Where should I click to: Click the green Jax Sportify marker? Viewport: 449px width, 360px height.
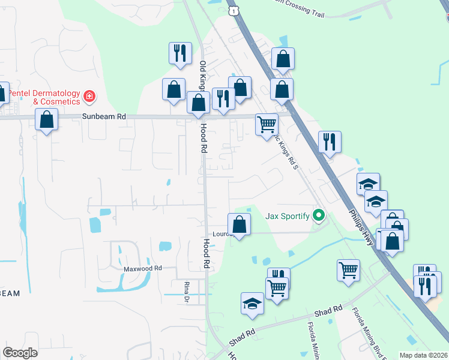319,216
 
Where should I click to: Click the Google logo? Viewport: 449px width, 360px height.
20,353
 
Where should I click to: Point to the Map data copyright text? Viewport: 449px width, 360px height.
424,355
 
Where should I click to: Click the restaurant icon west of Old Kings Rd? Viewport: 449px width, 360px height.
180,53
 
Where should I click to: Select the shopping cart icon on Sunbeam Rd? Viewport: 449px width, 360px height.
267,124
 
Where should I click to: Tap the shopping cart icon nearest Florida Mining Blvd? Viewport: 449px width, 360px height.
349,270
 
